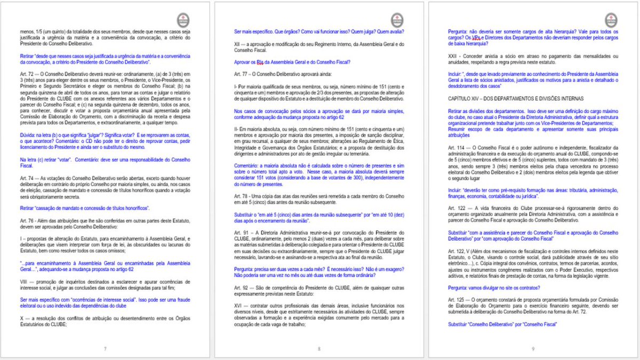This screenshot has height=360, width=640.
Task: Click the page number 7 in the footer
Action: click(x=105, y=349)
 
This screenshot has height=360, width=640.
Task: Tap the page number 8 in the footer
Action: click(x=319, y=349)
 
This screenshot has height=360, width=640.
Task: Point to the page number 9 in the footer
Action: click(x=533, y=349)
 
